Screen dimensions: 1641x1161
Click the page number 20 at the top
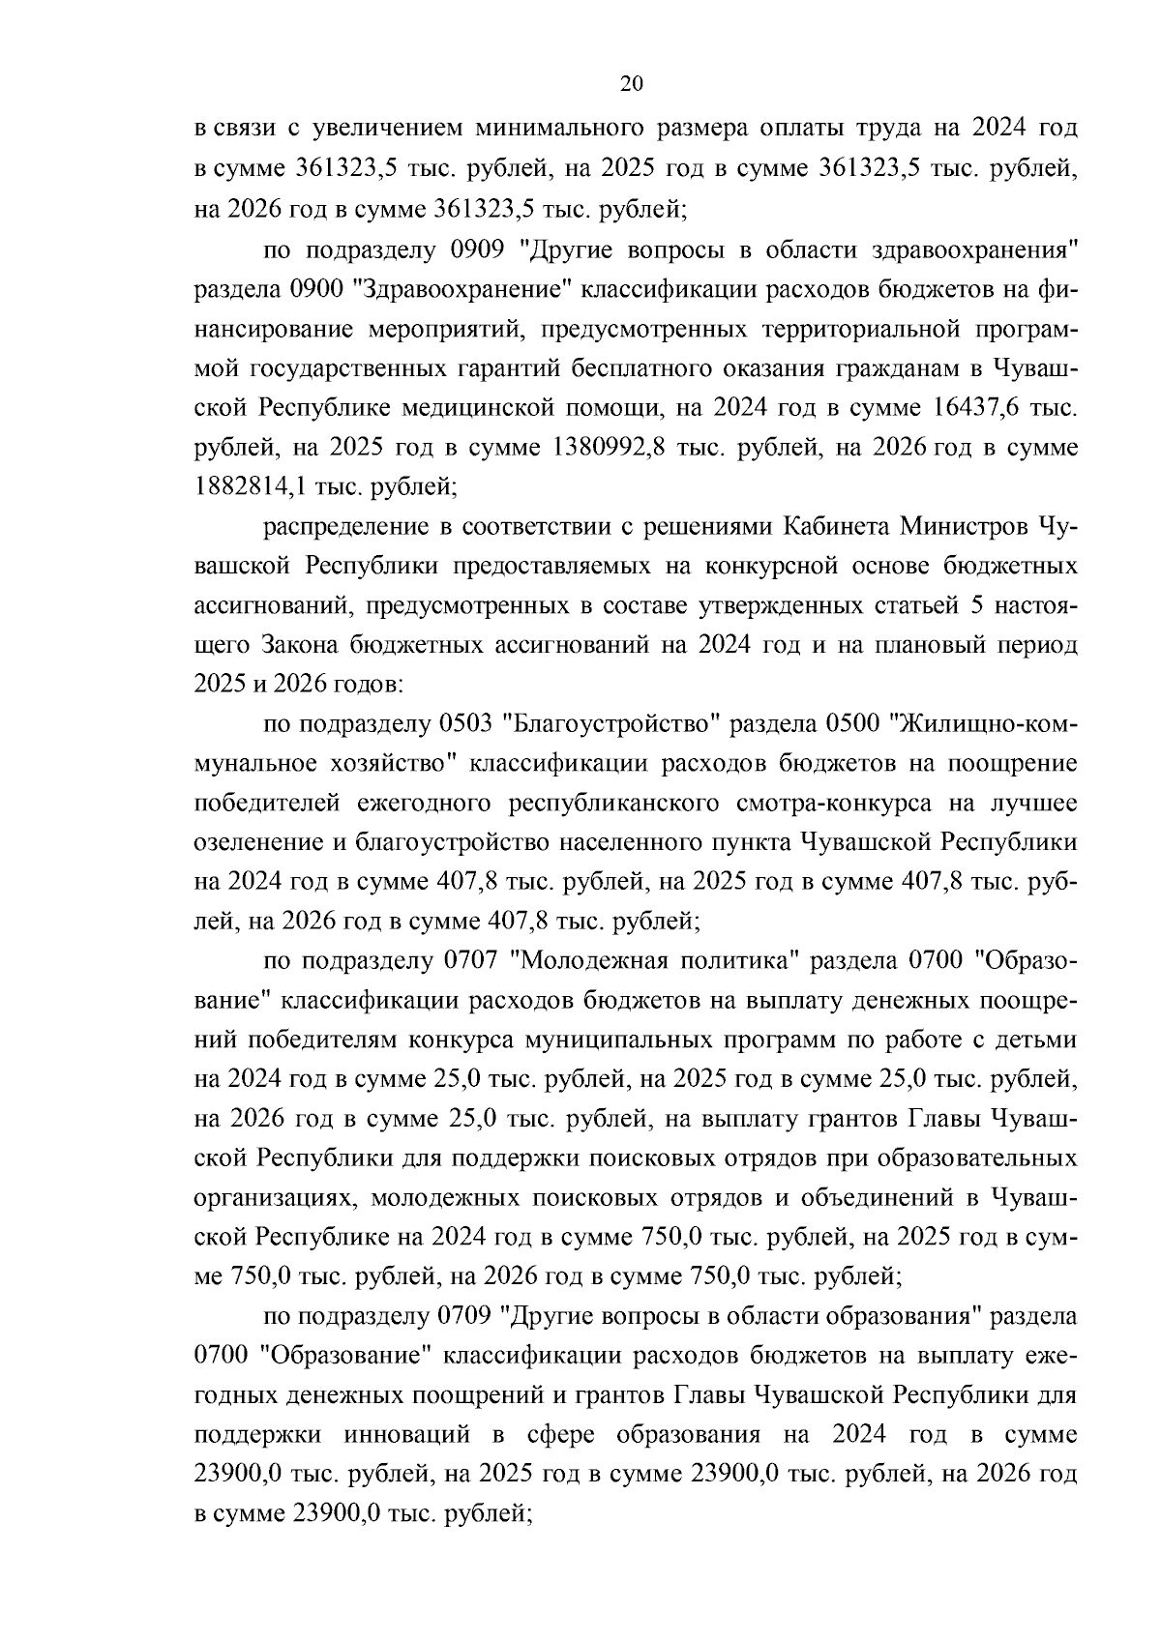coord(630,84)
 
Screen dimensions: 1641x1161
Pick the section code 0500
coord(857,723)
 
